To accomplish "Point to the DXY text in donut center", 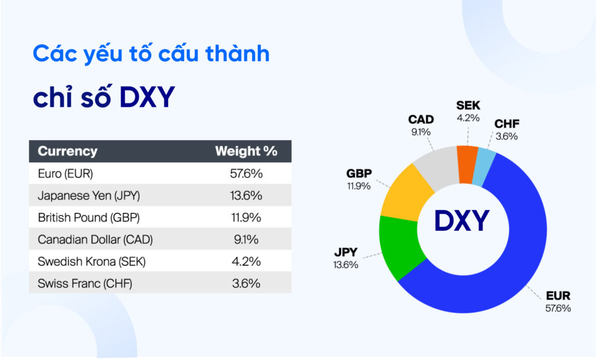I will click(463, 221).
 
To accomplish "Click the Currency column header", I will click(68, 151).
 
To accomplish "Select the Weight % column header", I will click(246, 151).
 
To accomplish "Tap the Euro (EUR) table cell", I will click(65, 174).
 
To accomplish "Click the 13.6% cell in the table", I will click(246, 196).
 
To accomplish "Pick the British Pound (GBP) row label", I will click(88, 218).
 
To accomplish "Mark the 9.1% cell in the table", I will click(246, 240).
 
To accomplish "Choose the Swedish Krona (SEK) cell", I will click(91, 262).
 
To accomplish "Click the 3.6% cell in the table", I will click(246, 283).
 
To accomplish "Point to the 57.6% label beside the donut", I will click(558, 308).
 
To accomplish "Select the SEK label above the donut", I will click(468, 106).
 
